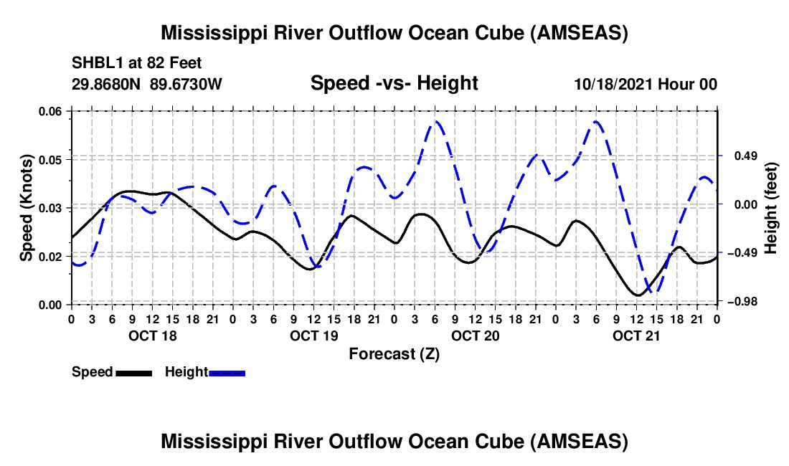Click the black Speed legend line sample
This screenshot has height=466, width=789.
point(133,373)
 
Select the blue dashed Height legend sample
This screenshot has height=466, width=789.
point(227,373)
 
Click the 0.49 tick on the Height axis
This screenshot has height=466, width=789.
point(744,156)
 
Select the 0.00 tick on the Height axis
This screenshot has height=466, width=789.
point(744,205)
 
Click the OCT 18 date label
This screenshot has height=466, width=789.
point(151,336)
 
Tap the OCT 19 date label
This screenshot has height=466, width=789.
point(313,336)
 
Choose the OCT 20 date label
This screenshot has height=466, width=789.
point(475,336)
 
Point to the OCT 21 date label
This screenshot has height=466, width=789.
point(636,336)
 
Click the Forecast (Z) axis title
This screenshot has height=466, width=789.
point(394,353)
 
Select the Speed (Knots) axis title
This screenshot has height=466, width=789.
point(27,208)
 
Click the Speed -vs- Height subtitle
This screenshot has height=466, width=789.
point(394,83)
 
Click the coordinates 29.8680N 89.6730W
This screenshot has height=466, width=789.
point(147,84)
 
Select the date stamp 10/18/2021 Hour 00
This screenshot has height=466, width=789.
point(646,84)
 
